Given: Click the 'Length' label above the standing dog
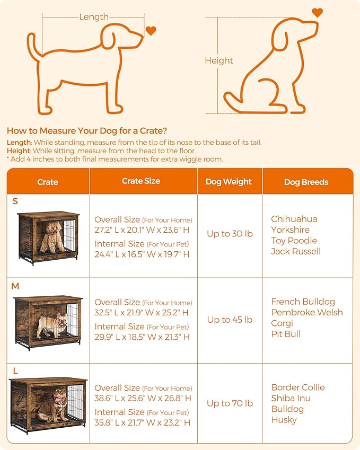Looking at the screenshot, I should [x=94, y=17].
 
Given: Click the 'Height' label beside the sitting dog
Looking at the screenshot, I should [x=219, y=61].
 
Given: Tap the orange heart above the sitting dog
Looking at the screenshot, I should [x=317, y=12].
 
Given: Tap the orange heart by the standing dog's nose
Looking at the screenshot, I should [x=151, y=31].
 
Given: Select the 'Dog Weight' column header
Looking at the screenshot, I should [x=229, y=182].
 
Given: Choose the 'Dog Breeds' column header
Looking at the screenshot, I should [x=306, y=182].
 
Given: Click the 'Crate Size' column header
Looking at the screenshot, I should [x=141, y=181].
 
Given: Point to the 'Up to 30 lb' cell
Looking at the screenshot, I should [x=230, y=234].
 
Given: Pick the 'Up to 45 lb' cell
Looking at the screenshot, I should [x=230, y=320].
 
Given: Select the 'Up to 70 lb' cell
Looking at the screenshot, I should [x=230, y=403].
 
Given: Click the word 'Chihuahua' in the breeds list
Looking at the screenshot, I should [x=294, y=219].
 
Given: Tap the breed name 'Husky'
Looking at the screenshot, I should [x=284, y=420].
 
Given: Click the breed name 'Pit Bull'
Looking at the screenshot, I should [x=286, y=334].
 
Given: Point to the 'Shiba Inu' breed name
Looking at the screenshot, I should [x=291, y=398].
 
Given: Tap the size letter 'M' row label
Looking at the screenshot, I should [x=15, y=286].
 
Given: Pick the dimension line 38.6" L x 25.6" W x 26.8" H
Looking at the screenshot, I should [x=143, y=398].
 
